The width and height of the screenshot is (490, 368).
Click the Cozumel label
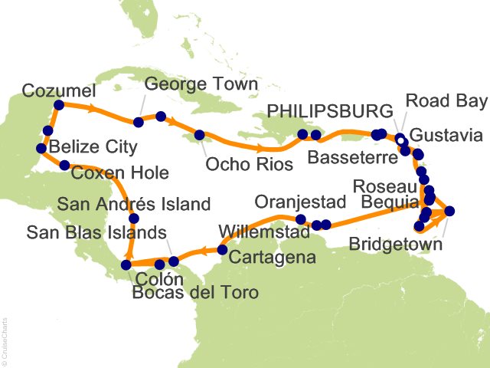tap(59, 90)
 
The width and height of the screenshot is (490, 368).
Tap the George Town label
tap(201, 84)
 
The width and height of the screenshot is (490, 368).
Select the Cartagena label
tap(273, 258)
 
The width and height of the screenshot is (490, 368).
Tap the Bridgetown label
tap(396, 245)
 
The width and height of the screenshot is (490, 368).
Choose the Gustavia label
tap(447, 136)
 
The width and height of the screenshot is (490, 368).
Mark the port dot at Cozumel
tap(58, 105)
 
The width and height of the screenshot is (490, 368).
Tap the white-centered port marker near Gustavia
tap(400, 140)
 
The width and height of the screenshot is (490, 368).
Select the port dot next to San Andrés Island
tap(134, 219)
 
